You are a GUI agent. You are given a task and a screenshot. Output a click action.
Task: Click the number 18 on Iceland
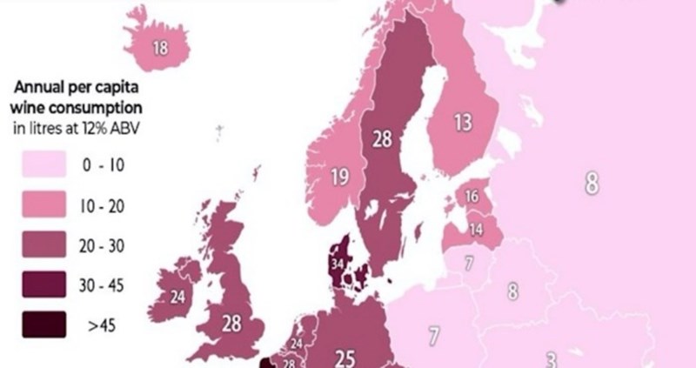click(160, 48)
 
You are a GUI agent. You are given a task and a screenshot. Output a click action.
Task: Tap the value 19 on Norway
click(340, 178)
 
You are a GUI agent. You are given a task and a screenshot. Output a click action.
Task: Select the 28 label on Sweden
click(381, 138)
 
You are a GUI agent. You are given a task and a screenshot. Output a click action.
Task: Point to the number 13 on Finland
click(463, 123)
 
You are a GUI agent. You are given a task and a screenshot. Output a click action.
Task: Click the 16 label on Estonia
click(471, 197)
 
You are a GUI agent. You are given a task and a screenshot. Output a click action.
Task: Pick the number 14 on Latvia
click(476, 230)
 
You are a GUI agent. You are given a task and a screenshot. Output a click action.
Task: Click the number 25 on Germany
click(345, 357)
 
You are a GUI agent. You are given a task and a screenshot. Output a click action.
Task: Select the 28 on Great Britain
click(231, 324)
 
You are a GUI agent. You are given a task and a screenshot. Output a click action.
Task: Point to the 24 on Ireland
click(177, 298)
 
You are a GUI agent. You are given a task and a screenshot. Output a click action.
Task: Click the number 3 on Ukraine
click(551, 358)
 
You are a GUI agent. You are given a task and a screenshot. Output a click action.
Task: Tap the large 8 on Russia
click(592, 184)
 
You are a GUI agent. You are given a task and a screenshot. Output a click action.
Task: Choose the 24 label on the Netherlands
click(297, 344)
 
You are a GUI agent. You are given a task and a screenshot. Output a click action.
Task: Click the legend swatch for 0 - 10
click(42, 165)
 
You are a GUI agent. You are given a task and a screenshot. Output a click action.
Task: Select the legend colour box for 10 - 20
click(42, 206)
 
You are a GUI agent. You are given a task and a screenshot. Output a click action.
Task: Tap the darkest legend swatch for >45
click(42, 325)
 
